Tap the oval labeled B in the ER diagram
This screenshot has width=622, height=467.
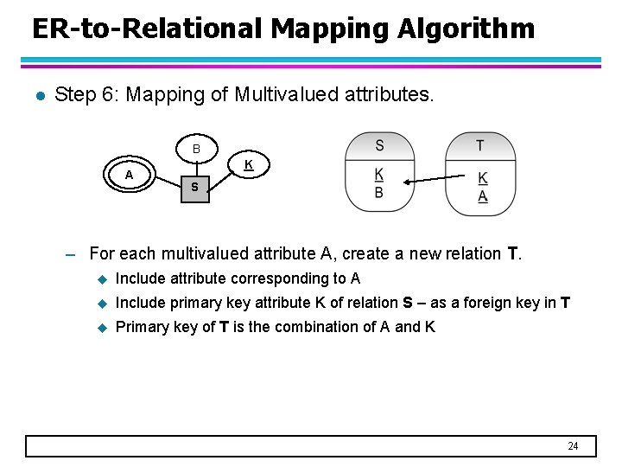(x=196, y=150)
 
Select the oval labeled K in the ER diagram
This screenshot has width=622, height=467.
(x=248, y=164)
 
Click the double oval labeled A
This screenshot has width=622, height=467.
(x=129, y=175)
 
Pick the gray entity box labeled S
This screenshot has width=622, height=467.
(x=194, y=187)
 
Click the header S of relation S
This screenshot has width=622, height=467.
(x=379, y=145)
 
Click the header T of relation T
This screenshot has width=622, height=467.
(x=480, y=145)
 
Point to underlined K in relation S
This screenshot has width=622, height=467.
(x=378, y=176)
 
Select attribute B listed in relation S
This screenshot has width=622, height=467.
(x=378, y=193)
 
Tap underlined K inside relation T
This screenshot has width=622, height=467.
(x=482, y=179)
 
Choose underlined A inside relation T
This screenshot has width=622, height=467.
(x=482, y=196)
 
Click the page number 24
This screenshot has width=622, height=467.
(x=573, y=446)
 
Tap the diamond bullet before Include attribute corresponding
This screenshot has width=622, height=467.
(x=101, y=278)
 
